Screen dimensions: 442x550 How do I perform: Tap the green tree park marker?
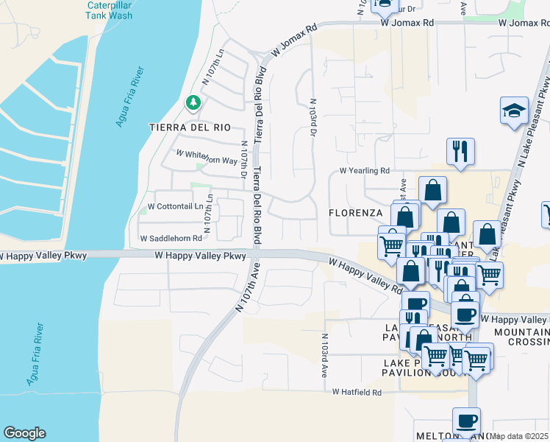point(193,102)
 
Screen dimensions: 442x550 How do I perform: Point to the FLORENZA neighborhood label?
point(356,213)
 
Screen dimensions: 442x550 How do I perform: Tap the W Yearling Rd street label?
point(364,171)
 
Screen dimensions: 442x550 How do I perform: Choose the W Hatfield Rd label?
point(357,393)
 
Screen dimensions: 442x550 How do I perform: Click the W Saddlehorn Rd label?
point(171,239)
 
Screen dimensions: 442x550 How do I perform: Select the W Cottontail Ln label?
point(175,206)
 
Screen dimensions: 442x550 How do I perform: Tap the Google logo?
point(24,433)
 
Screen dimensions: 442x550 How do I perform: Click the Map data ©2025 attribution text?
point(519,436)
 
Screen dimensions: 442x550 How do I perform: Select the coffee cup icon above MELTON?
point(466,421)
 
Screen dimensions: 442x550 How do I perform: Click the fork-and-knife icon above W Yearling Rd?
point(460,152)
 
